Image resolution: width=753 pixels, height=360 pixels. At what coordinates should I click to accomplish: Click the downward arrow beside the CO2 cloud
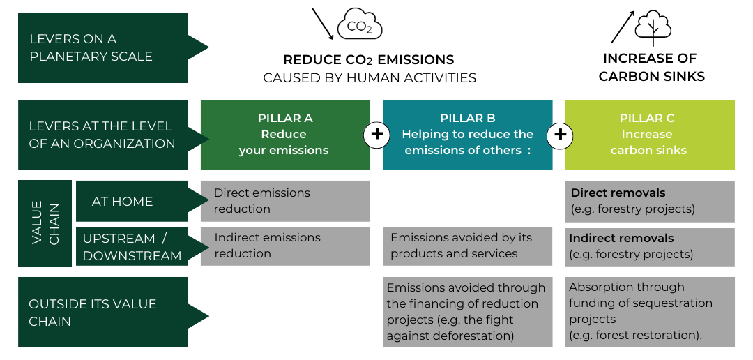pos(322,23)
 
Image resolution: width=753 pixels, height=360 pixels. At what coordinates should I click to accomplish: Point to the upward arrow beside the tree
pos(623,27)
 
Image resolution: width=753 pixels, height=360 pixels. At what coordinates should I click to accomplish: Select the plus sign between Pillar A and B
pos(376,134)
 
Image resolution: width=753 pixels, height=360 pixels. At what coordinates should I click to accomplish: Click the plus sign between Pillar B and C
pos(559,134)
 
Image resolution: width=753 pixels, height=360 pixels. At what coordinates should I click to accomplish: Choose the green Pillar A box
pos(285,135)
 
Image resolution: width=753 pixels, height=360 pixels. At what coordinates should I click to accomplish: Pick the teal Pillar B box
pos(467,135)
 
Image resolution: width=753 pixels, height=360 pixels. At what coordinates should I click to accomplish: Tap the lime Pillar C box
pos(650,135)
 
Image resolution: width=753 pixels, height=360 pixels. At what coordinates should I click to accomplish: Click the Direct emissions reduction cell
pos(285,201)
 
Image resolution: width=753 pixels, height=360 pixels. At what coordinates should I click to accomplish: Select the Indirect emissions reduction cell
pos(285,246)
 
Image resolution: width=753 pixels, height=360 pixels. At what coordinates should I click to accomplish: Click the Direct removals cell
pos(650,202)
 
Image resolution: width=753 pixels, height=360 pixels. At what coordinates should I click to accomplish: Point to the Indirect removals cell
pos(650,246)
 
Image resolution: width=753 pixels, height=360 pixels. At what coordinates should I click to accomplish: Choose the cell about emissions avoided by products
pos(467,246)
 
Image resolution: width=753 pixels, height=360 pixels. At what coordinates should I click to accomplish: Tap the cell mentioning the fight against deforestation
pos(467,312)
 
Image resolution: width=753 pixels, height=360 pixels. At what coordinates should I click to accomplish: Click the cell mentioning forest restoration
pos(650,312)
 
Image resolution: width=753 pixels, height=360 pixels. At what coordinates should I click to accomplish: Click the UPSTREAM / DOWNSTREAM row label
pos(132,246)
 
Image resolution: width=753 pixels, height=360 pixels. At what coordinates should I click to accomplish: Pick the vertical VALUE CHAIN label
pos(45,223)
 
